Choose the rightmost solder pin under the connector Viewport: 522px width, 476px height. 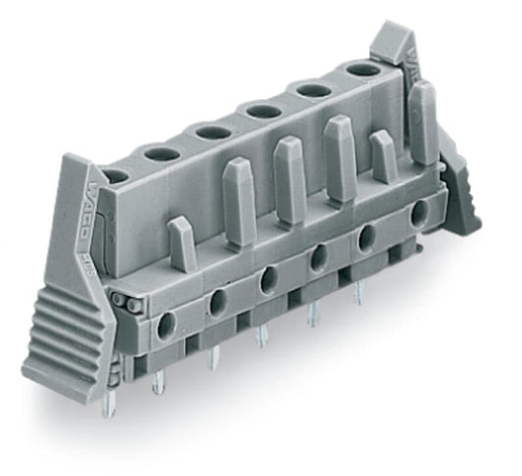click(357, 291)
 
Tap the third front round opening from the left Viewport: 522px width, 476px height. click(267, 282)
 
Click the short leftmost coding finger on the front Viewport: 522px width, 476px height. click(180, 245)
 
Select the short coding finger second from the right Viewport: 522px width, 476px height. click(382, 156)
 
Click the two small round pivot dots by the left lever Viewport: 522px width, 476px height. click(120, 302)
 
